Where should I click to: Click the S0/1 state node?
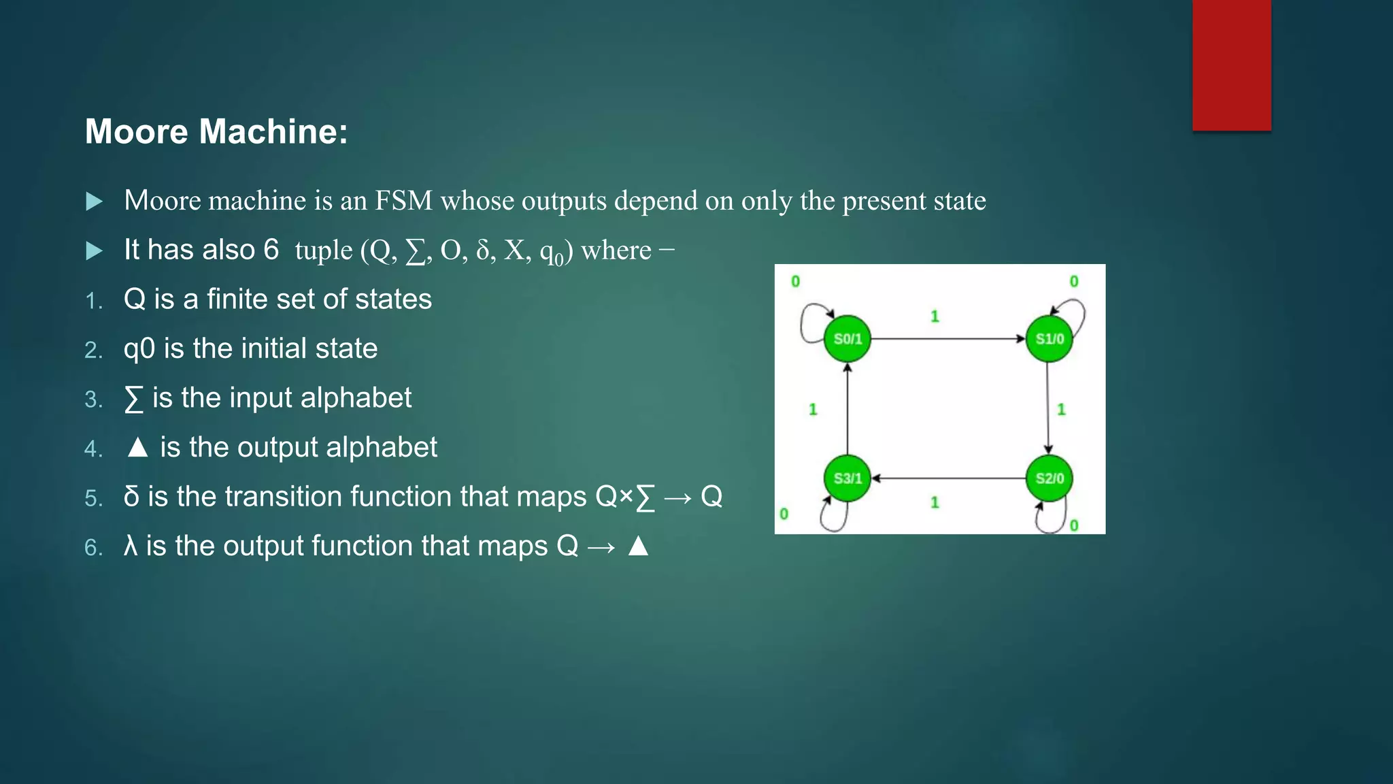(x=847, y=338)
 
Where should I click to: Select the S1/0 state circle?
(x=1049, y=338)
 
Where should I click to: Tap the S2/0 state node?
(x=1049, y=478)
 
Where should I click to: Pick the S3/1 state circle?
(x=847, y=478)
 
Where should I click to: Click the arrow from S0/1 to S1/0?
(x=948, y=338)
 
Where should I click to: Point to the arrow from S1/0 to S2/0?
(x=1048, y=408)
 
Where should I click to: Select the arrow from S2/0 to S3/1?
(x=948, y=478)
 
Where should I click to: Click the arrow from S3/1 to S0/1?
(x=847, y=408)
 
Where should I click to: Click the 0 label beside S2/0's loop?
(x=1074, y=525)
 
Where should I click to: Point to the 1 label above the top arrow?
(x=935, y=316)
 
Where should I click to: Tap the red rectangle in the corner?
(x=1231, y=65)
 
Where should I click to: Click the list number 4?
(x=93, y=448)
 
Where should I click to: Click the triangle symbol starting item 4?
(x=137, y=447)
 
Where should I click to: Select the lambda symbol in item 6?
(x=131, y=546)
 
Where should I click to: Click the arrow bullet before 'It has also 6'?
(x=95, y=250)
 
